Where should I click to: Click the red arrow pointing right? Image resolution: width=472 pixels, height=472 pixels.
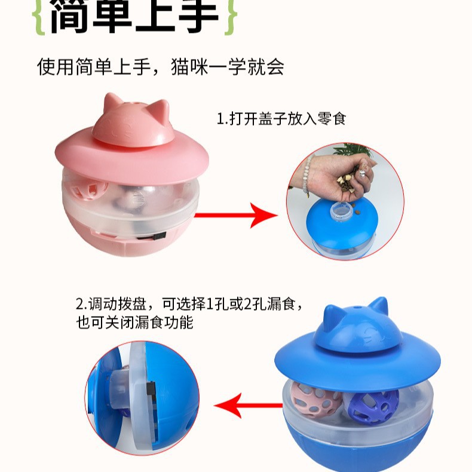tap(236, 215)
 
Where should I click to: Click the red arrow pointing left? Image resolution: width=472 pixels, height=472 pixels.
tap(249, 406)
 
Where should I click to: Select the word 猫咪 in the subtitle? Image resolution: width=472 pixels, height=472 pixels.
tap(189, 66)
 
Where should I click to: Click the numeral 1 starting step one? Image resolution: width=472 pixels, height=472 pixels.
tap(220, 119)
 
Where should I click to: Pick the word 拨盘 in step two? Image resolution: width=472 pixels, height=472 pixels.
tap(132, 304)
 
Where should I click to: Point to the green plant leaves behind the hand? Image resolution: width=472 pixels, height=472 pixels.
tap(351, 149)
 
